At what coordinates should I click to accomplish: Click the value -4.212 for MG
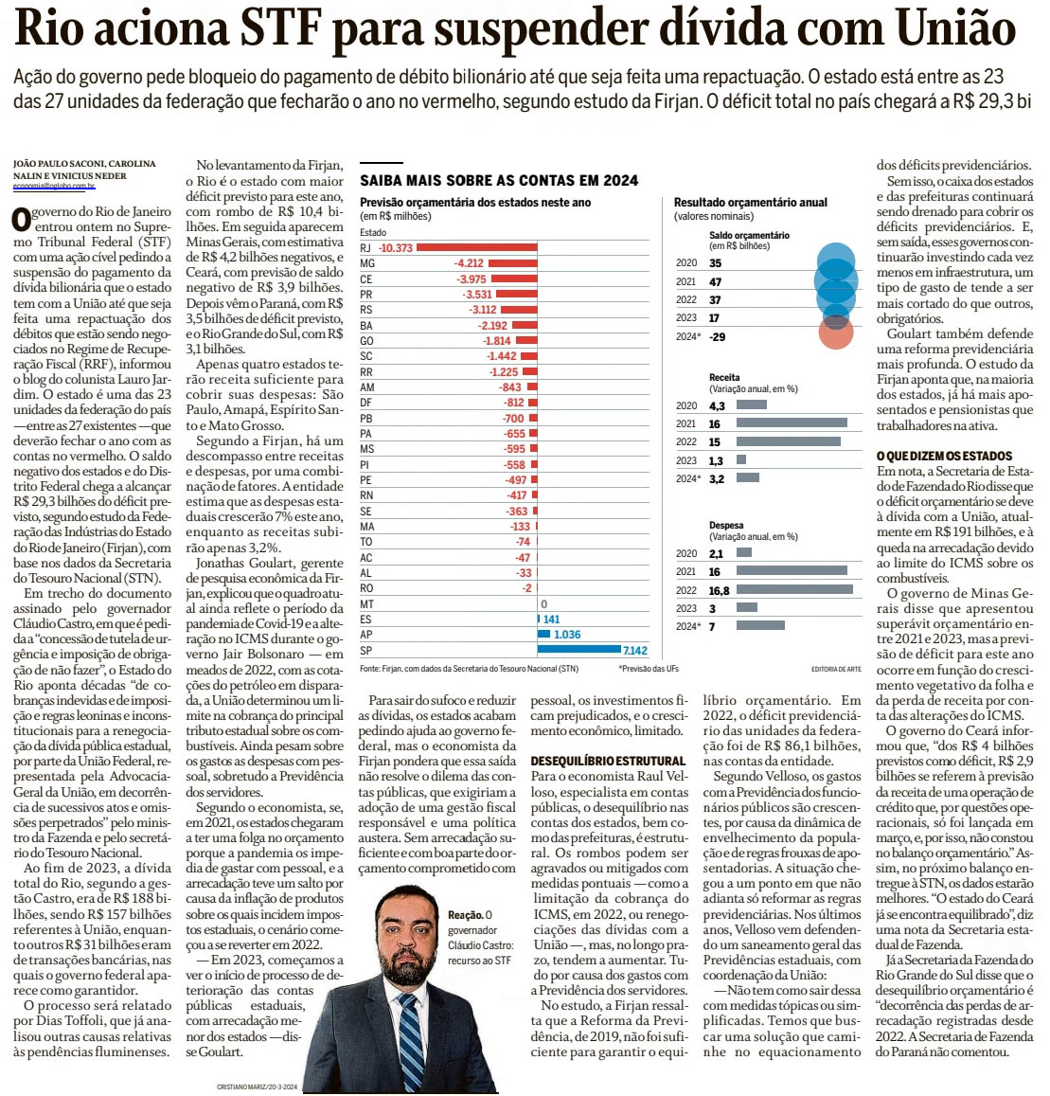pyautogui.click(x=469, y=263)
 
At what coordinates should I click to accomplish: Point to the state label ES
pyautogui.click(x=366, y=620)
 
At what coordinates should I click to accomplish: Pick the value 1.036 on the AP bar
pyautogui.click(x=567, y=635)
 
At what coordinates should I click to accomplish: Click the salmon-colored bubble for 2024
pyautogui.click(x=836, y=333)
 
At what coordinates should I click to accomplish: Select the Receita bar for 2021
pyautogui.click(x=792, y=423)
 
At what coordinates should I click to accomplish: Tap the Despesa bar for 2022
pyautogui.click(x=794, y=590)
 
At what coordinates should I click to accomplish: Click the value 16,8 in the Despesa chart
pyautogui.click(x=720, y=590)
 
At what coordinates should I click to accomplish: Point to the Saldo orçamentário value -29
pyautogui.click(x=718, y=336)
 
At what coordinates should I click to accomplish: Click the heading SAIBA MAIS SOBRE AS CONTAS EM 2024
pyautogui.click(x=499, y=180)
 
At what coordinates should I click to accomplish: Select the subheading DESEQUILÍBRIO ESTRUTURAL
pyautogui.click(x=608, y=761)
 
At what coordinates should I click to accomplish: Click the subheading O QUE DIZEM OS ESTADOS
pyautogui.click(x=944, y=456)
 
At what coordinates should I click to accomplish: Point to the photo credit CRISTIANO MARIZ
pyautogui.click(x=258, y=1087)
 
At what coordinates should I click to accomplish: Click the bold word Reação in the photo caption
pyautogui.click(x=465, y=916)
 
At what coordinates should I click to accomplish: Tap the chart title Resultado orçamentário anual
pyautogui.click(x=750, y=202)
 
